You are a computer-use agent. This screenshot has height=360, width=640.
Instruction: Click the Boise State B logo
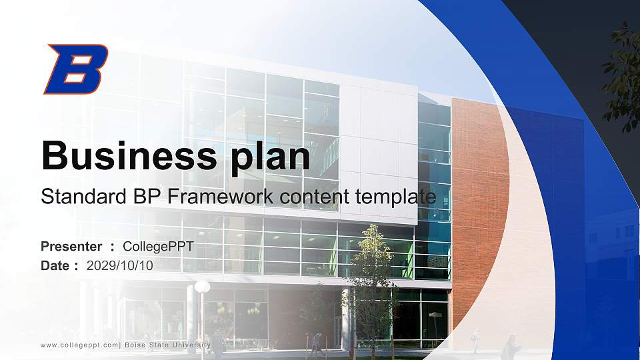75,69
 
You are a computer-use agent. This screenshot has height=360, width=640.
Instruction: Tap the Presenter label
71,247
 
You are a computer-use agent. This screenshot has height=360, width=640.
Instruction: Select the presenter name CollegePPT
158,247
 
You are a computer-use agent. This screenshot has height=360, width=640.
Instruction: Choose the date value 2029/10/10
120,265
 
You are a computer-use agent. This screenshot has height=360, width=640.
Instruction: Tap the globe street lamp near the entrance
202,288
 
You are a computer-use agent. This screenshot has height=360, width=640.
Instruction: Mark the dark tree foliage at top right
624,73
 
